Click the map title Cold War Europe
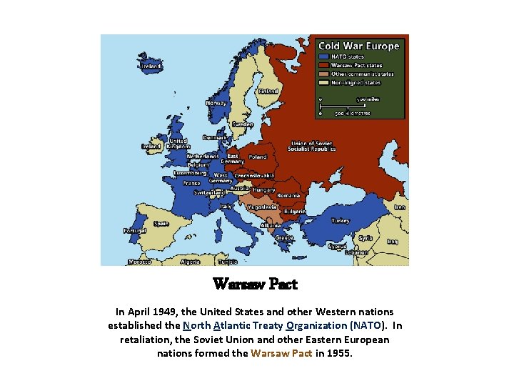coord(359,46)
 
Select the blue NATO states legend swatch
coord(323,56)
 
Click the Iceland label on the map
coord(151,66)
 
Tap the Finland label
coord(268,91)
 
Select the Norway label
coord(216,103)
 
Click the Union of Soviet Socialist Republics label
coord(312,146)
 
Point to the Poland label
coord(257,157)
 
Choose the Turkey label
coord(341,220)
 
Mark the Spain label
coord(161,223)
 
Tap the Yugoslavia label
coord(262,207)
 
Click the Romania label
coord(288,195)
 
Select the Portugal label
coord(135,231)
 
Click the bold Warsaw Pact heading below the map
coord(255,284)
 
